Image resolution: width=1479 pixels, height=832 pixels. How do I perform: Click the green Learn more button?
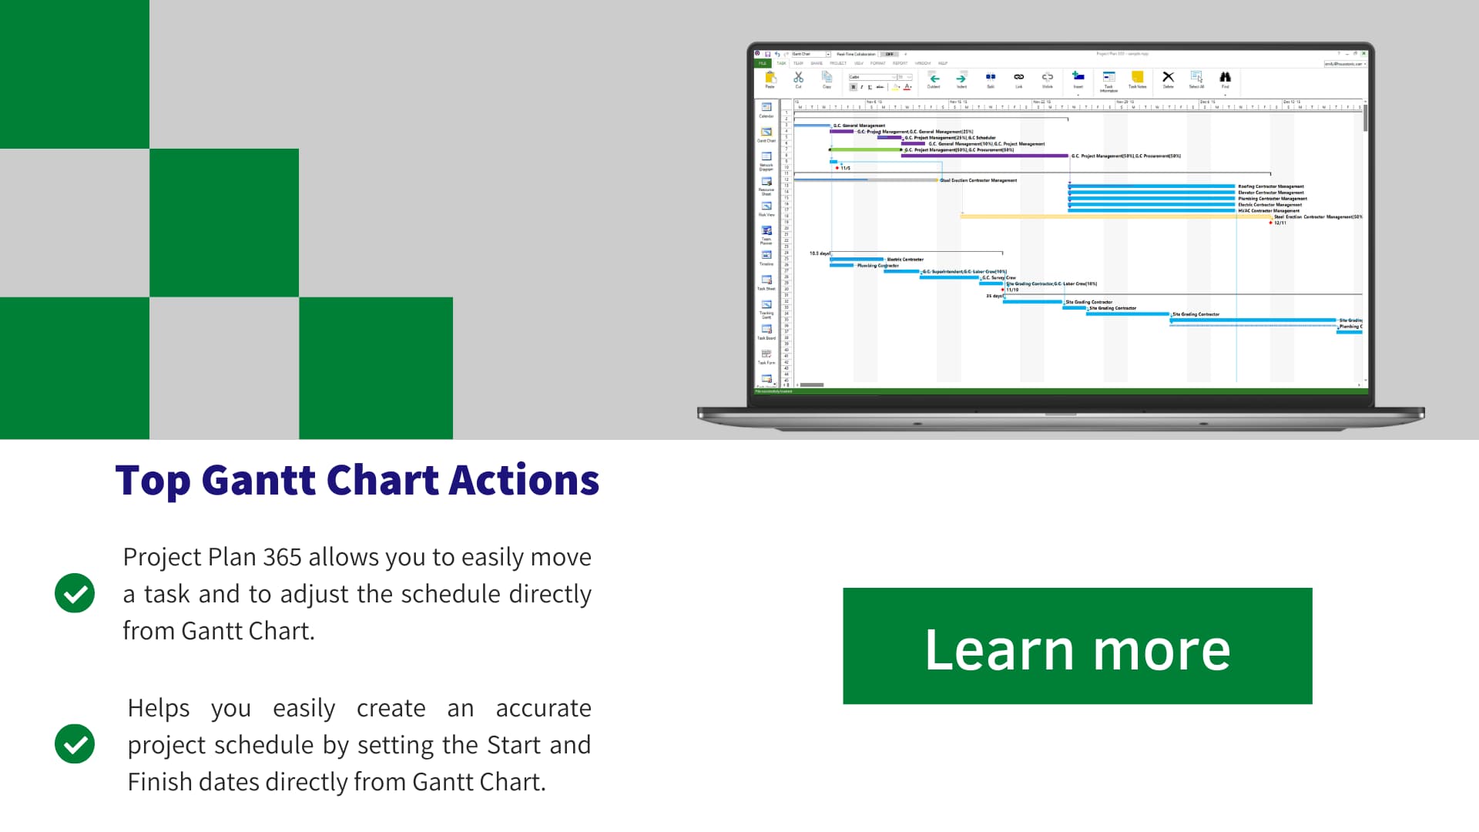[x=1077, y=646]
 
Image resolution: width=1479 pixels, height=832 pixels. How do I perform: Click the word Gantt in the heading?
[x=259, y=481]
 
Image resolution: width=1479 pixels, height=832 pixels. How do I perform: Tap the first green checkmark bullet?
[x=75, y=593]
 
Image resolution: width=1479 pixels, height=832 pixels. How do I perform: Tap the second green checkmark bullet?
[x=75, y=744]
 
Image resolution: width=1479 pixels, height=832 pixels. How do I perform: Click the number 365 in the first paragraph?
[x=282, y=557]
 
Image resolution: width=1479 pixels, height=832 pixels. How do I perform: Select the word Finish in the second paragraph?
[x=159, y=782]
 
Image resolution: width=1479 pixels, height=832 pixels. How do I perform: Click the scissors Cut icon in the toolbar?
[x=798, y=78]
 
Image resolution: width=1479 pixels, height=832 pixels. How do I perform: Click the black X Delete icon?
[x=1168, y=77]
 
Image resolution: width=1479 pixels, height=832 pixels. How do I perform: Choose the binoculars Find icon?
[x=1225, y=77]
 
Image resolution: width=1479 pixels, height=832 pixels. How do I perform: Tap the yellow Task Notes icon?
[x=1137, y=77]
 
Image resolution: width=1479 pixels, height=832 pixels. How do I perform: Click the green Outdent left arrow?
[x=934, y=78]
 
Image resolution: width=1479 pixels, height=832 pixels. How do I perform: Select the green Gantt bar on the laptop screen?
[x=865, y=149]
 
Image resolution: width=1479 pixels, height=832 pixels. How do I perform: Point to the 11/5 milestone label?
[x=845, y=168]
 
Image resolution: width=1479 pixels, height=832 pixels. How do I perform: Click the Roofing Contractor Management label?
[x=1271, y=186]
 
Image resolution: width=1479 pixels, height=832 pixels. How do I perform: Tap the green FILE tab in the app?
[x=763, y=63]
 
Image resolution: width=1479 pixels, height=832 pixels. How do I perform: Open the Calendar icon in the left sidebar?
[x=766, y=108]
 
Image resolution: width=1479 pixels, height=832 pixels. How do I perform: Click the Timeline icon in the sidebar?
[x=766, y=256]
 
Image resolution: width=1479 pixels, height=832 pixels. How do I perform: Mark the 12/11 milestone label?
[x=1279, y=223]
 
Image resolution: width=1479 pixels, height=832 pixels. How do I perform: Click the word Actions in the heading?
[x=524, y=481]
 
